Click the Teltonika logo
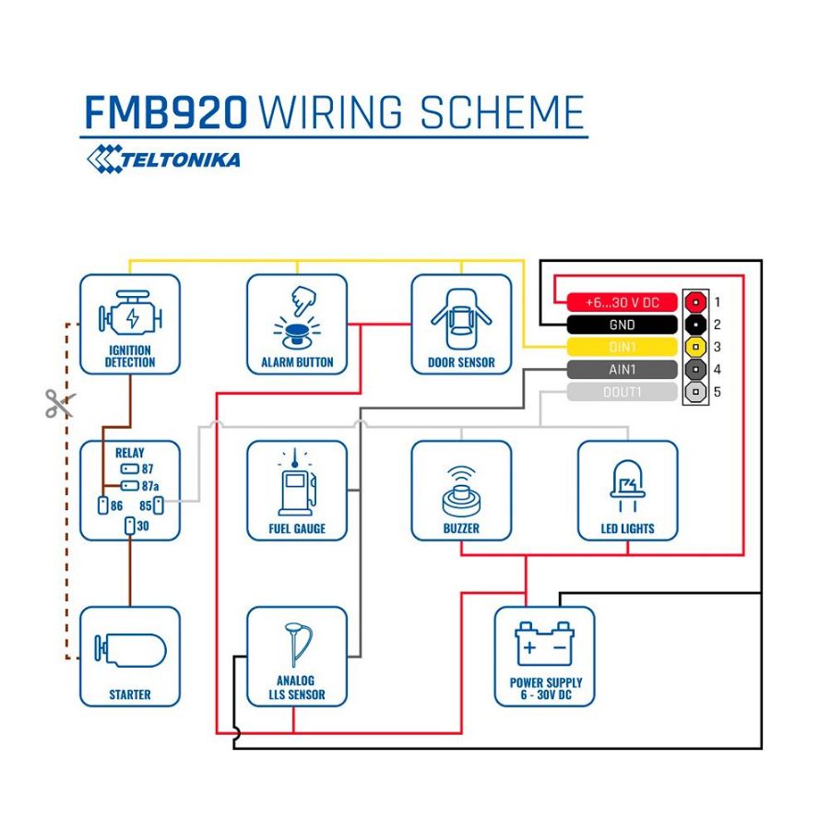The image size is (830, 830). [163, 159]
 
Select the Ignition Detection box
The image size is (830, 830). [130, 324]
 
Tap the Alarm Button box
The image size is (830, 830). [297, 324]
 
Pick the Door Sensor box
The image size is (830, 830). [461, 324]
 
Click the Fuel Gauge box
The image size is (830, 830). [297, 490]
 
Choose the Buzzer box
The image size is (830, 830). [461, 490]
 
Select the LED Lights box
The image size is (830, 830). [627, 490]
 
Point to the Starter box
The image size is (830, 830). [130, 656]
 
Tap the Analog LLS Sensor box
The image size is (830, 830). [297, 656]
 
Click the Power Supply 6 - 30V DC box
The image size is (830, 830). [545, 656]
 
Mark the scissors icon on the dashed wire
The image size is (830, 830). [59, 403]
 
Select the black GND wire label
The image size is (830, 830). [622, 325]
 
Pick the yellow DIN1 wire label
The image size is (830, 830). [622, 348]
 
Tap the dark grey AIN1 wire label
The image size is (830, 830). [622, 370]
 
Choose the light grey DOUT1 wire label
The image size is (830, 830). [622, 393]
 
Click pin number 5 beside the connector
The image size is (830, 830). [717, 393]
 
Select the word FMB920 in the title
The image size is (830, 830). [166, 113]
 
